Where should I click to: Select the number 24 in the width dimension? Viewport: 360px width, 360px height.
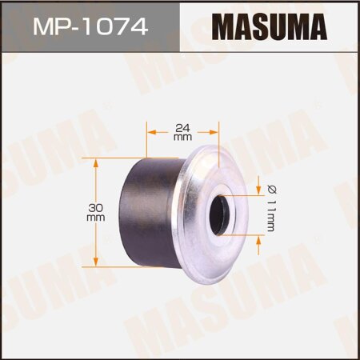click(181, 126)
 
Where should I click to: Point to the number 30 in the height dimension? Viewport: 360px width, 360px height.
click(96, 206)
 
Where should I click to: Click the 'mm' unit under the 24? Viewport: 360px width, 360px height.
click(181, 137)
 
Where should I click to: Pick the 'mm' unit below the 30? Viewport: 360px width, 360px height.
click(96, 218)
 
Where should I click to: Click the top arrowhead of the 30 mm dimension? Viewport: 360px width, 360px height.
click(96, 161)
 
